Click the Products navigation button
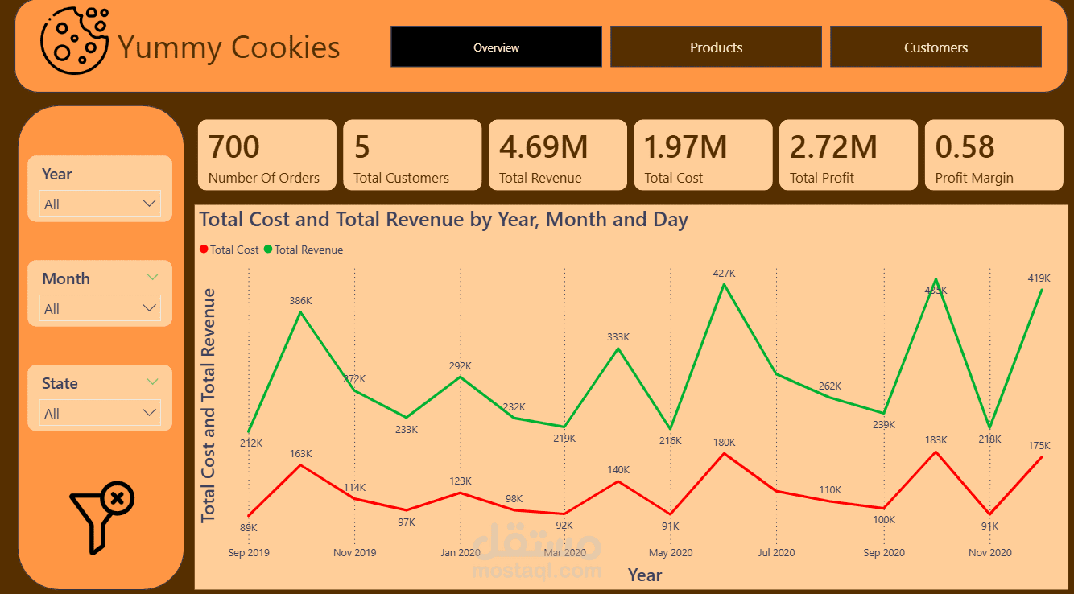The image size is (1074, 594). pos(716,47)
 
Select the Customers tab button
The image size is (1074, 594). pos(936,47)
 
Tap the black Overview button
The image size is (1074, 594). pos(496,47)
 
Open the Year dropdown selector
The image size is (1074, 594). pos(100,204)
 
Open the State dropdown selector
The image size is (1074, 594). pos(100,413)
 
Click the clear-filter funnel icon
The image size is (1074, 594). pos(101,518)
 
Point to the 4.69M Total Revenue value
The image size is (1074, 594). pos(543,147)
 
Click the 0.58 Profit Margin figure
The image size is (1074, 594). pos(965,147)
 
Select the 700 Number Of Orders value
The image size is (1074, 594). pos(234,147)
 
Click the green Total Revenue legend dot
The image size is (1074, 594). pos(268,250)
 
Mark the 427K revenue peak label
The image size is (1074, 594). pos(724,273)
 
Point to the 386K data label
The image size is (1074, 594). pos(300,300)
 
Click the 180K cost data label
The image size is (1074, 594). pos(724,442)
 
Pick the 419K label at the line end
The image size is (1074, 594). pos(1039,278)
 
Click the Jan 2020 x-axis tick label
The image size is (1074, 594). pos(461,552)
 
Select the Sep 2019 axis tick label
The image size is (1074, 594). pos(249,552)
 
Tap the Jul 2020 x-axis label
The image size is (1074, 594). pos(776,552)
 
